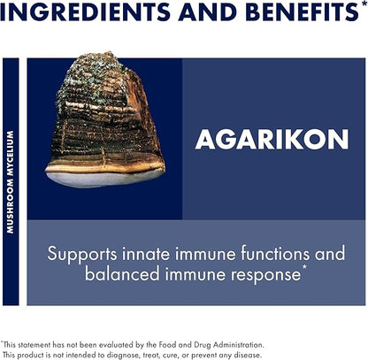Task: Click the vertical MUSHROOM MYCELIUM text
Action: pos(11,182)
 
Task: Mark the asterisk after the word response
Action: pos(305,268)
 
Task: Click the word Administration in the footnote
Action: pos(236,343)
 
